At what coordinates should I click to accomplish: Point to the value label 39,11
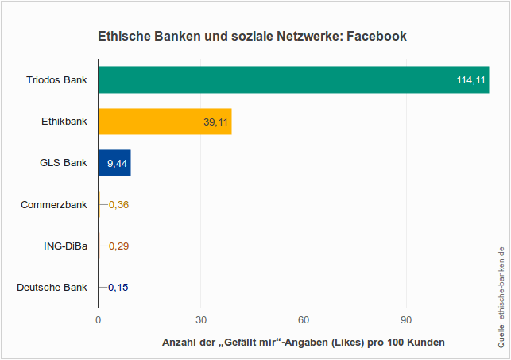(x=215, y=122)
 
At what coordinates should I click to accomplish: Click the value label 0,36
(x=118, y=204)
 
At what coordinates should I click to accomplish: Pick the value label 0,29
(x=118, y=246)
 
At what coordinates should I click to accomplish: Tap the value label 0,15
(x=118, y=287)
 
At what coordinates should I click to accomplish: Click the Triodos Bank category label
(x=56, y=80)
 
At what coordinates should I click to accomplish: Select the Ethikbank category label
(x=64, y=122)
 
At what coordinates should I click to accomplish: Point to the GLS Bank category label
(x=63, y=163)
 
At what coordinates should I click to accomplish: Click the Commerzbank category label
(x=54, y=204)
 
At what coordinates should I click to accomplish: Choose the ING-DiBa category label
(x=65, y=246)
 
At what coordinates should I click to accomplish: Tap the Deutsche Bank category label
(x=52, y=287)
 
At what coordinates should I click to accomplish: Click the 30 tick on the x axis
(x=201, y=320)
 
